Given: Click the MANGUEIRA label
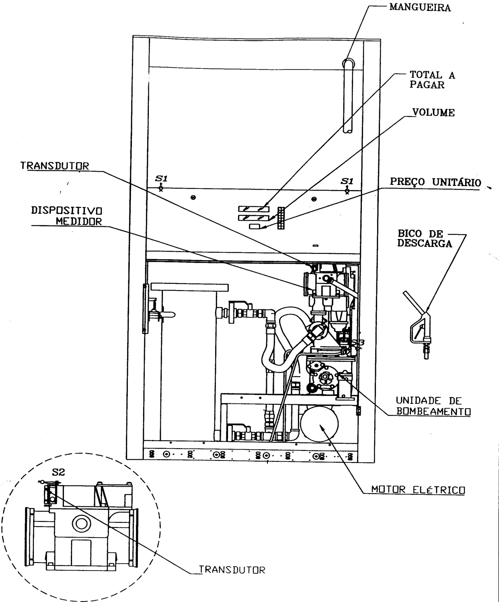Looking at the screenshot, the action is [420, 7].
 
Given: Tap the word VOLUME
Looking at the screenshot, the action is [433, 112].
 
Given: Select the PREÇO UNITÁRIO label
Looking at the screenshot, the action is [435, 182].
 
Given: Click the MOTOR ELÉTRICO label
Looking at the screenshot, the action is [418, 489].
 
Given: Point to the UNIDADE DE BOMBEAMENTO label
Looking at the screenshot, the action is [433, 406].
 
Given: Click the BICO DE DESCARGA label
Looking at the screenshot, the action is [425, 238].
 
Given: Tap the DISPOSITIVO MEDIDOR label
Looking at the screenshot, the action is [67, 216].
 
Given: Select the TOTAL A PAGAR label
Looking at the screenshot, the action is [432, 80].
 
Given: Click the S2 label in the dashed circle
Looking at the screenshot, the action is [58, 472].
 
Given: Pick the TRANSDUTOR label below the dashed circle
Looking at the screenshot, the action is [232, 570].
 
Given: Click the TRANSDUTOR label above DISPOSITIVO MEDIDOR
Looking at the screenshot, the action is [55, 166].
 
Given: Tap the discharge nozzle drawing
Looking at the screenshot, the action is [418, 325].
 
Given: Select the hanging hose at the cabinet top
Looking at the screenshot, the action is [349, 96].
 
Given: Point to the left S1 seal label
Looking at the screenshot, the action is [161, 178].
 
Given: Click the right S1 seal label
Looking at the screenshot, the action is [347, 181].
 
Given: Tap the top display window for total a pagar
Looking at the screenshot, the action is [254, 209].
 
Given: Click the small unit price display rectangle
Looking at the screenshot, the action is [255, 227].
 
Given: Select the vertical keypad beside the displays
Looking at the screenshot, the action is [281, 218].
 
